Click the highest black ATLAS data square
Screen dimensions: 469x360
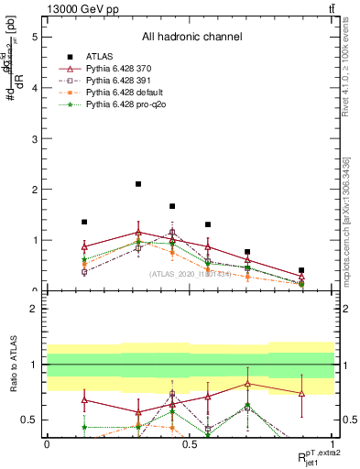click(x=138, y=184)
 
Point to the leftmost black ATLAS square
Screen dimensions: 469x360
click(x=84, y=222)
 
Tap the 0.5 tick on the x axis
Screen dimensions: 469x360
click(x=190, y=443)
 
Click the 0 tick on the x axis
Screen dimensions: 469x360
click(x=47, y=443)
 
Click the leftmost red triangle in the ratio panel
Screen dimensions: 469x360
click(x=84, y=399)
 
